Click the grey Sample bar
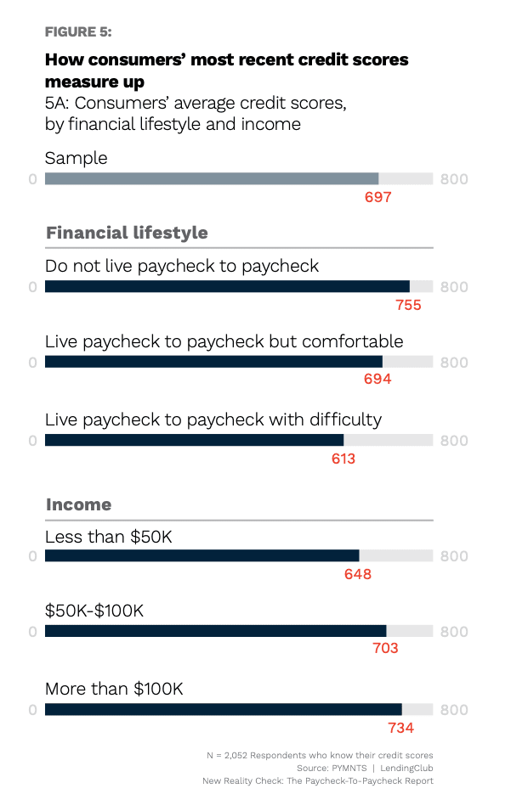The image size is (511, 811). coord(212,178)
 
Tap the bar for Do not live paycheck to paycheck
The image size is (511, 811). coord(227,286)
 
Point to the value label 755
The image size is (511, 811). coord(408,305)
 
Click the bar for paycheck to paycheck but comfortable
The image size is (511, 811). coord(213,362)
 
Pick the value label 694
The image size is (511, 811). coord(378,380)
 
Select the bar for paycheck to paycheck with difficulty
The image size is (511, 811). coord(194,440)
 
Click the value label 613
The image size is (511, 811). coord(343,459)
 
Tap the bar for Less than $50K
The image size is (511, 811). coord(202,555)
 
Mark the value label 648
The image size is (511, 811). coord(358,574)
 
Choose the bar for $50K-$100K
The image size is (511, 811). coord(215,631)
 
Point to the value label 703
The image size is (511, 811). coord(384,649)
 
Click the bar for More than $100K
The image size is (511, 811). coord(223,709)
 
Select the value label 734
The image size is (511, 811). coord(400,728)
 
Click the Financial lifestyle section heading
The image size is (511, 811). coord(127,233)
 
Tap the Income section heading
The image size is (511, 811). coord(78,504)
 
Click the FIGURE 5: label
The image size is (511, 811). coord(77,32)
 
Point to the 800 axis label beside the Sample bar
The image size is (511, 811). coord(454,179)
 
